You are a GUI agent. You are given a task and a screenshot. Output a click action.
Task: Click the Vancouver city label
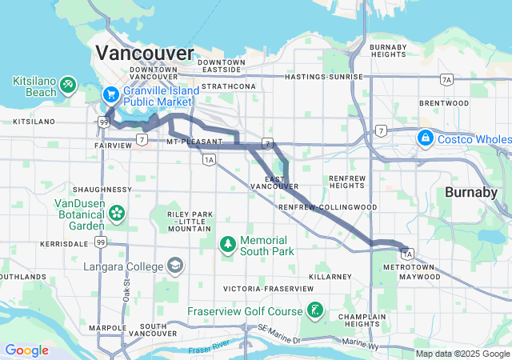point(144,54)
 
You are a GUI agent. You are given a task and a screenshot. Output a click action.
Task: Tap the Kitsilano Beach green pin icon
point(70,83)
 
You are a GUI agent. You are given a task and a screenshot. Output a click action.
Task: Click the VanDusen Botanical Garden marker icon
point(118,213)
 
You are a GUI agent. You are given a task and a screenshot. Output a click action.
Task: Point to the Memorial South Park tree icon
point(228,242)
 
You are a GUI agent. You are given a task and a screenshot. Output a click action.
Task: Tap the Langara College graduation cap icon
point(174,265)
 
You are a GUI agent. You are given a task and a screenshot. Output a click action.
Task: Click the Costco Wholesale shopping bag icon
point(426,138)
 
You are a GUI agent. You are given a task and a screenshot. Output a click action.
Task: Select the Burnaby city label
point(471,193)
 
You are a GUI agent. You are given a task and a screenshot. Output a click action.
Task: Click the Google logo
point(26,350)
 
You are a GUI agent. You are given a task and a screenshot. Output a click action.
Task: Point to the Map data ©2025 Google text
point(462,354)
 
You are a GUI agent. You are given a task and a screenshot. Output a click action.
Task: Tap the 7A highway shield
point(446,78)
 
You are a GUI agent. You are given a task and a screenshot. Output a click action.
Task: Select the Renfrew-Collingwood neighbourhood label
point(327,207)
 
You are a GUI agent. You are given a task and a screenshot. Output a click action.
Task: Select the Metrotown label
point(406,266)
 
